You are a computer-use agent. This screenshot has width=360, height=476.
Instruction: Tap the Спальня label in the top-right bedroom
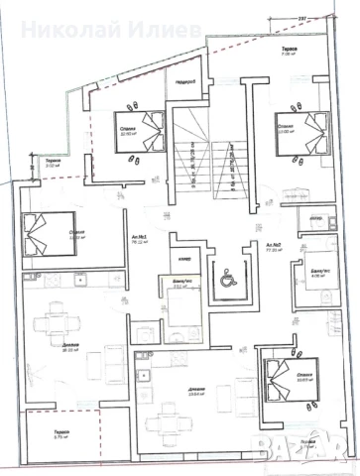pyautogui.click(x=284, y=126)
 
